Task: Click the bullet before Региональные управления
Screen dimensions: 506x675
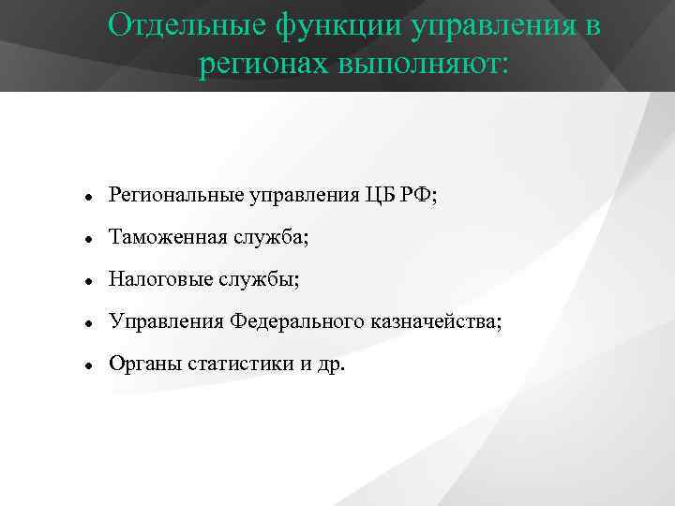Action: tap(86, 197)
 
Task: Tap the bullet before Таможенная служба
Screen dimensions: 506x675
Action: tap(86, 239)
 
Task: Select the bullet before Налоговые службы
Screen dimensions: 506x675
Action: tap(86, 281)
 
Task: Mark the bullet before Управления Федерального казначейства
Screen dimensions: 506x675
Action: tap(86, 323)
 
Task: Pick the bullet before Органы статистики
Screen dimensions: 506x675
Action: tap(86, 365)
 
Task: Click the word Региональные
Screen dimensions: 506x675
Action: tap(175, 195)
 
